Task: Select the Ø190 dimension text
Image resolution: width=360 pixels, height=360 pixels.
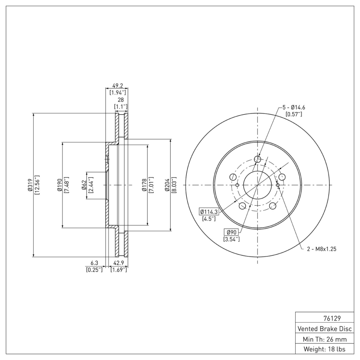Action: point(59,185)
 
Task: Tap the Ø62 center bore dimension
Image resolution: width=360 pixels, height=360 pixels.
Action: point(84,185)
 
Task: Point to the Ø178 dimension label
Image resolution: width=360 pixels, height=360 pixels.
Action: point(144,185)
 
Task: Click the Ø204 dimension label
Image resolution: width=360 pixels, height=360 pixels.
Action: point(167,185)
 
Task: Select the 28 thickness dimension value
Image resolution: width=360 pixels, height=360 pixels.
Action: point(120,99)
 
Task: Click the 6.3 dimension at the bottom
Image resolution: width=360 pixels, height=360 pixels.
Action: point(94,263)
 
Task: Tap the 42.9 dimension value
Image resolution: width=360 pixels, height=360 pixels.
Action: point(118,263)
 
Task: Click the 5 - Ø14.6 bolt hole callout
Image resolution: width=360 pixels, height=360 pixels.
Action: point(294,108)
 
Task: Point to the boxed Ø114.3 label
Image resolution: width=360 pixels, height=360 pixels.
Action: point(209,211)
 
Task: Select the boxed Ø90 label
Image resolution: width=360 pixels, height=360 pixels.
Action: point(231,232)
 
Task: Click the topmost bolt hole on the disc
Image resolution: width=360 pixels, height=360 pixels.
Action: point(258,159)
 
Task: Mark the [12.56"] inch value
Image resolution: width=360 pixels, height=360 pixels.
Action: point(37,185)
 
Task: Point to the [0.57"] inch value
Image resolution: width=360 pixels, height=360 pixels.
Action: point(294,114)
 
